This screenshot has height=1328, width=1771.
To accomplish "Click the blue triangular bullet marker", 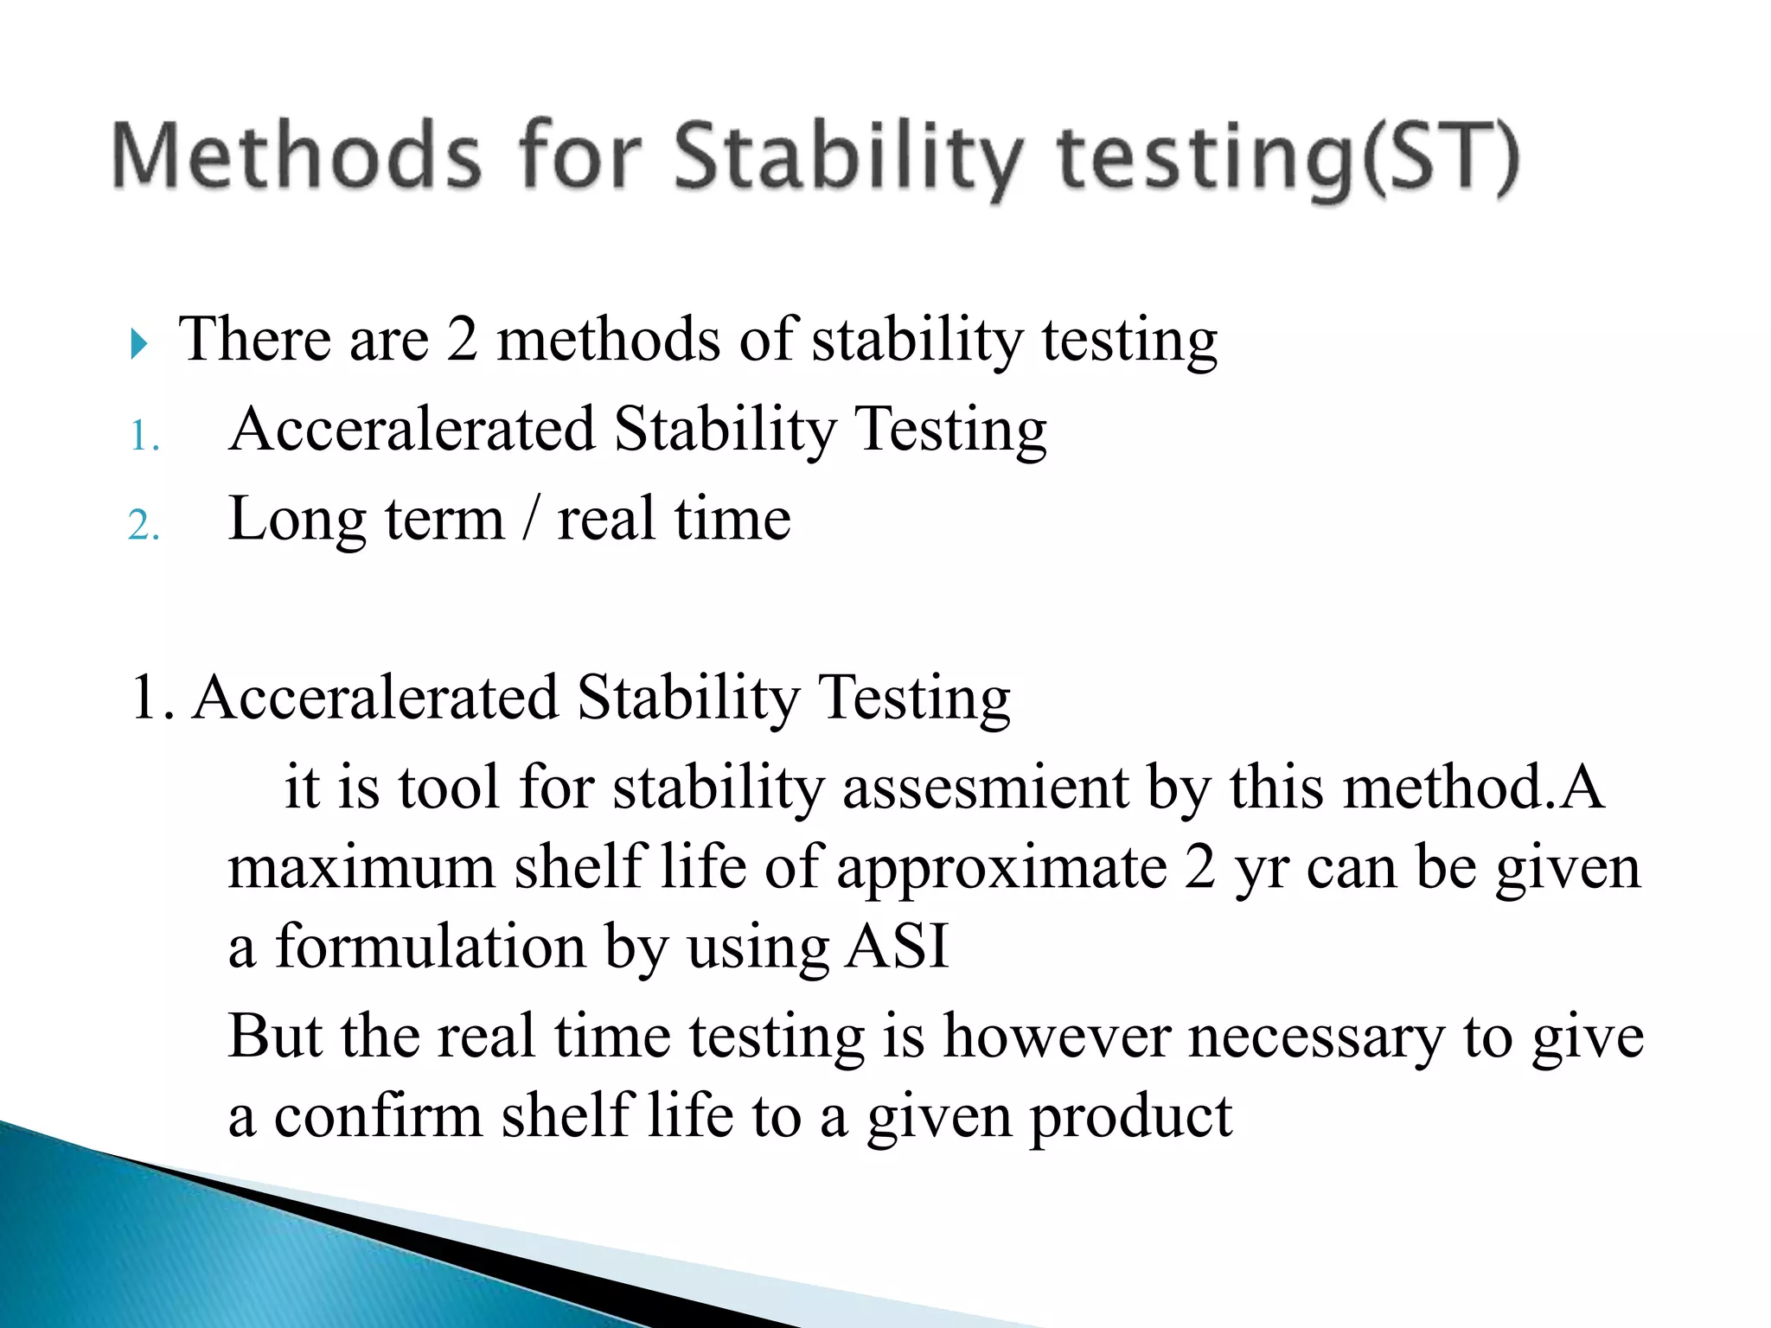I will coord(138,343).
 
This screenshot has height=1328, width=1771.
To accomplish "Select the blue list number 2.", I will coord(144,525).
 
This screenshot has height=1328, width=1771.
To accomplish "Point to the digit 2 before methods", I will coord(462,339).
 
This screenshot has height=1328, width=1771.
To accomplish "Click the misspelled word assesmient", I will coord(985,788).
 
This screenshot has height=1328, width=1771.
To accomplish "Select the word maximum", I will coord(361,868).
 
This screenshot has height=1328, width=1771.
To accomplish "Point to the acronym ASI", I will coord(897,947).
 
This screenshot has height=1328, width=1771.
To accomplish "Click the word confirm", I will coord(379,1116).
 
